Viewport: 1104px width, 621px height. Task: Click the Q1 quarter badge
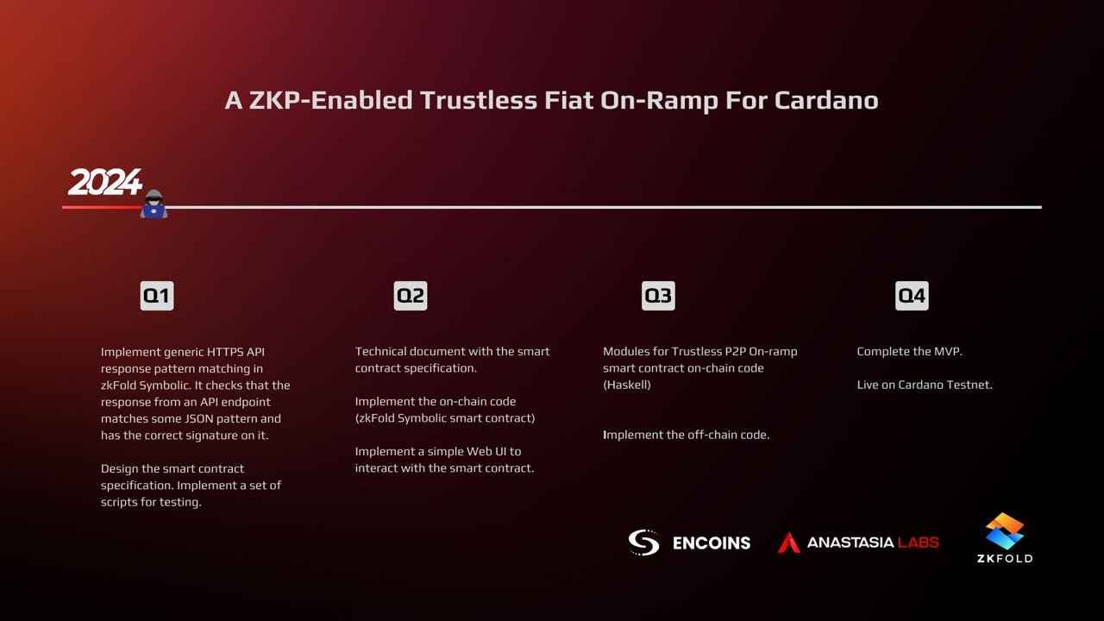point(156,296)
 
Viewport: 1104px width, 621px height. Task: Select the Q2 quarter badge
point(411,296)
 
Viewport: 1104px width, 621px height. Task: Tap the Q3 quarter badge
point(658,296)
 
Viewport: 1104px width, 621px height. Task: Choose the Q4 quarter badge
point(912,296)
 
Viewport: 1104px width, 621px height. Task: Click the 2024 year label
point(104,183)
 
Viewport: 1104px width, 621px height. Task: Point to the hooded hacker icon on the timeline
point(154,204)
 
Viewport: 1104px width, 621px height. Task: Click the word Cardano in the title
point(825,100)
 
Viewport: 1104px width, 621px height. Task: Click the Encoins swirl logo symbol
point(643,543)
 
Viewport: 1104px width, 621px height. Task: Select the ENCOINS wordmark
point(711,543)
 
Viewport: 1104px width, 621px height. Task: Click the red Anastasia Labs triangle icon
point(788,543)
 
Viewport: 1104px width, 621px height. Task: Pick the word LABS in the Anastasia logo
point(918,543)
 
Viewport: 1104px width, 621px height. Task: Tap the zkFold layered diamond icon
point(1005,530)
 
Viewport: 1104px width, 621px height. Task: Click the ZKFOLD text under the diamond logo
point(1005,558)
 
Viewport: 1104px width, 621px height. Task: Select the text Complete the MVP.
point(909,351)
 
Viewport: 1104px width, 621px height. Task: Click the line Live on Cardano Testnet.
point(924,385)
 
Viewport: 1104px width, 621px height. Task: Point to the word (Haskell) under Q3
point(626,385)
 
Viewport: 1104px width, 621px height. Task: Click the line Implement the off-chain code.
point(686,435)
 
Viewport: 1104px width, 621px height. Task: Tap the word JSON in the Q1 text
point(199,418)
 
